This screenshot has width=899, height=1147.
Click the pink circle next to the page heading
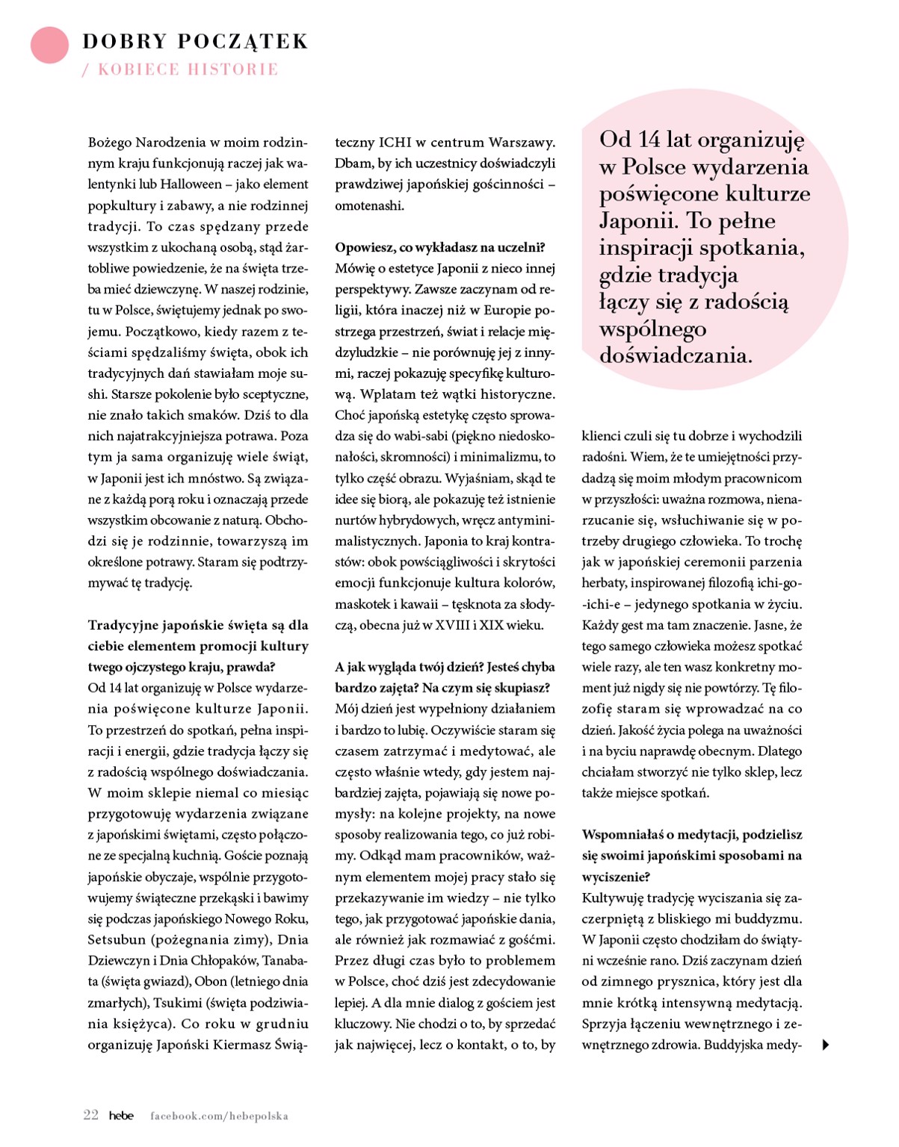[x=49, y=44]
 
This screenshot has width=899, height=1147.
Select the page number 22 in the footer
[x=90, y=1115]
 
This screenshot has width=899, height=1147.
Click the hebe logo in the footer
[x=121, y=1116]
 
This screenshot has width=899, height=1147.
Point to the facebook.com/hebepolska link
[x=219, y=1116]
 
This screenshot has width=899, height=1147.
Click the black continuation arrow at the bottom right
[x=826, y=1045]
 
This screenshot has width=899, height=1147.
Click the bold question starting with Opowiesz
[x=439, y=247]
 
